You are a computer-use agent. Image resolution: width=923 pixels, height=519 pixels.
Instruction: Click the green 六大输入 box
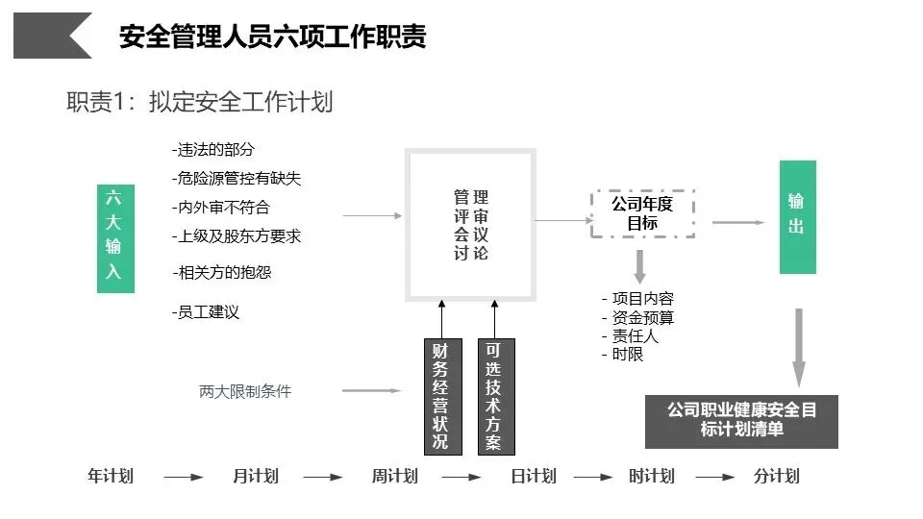(113, 237)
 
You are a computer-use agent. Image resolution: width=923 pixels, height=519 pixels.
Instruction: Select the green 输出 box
(797, 216)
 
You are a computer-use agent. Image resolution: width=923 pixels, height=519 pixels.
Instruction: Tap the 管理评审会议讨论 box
(470, 224)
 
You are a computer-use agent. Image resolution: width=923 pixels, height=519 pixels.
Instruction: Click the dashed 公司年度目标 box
(642, 213)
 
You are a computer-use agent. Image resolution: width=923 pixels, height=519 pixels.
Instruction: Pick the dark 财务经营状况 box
(440, 396)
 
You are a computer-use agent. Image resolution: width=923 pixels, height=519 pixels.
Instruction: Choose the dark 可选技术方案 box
(494, 396)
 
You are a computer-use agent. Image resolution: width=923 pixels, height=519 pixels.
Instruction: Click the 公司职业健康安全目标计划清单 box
(741, 420)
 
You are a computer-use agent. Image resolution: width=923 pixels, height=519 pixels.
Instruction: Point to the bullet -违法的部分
(213, 149)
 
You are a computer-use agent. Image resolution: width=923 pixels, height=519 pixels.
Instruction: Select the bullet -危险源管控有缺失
(237, 178)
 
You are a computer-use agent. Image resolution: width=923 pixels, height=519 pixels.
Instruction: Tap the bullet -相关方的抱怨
(222, 272)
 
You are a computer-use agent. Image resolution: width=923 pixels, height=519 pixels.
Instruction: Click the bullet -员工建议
(206, 311)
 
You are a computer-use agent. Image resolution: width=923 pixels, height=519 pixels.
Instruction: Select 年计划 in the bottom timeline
(111, 476)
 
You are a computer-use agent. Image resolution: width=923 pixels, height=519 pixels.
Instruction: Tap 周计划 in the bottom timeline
(394, 476)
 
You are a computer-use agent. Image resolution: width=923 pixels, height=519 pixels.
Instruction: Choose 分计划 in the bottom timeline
(776, 476)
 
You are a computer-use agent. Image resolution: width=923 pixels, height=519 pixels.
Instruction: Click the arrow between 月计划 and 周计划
(324, 477)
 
